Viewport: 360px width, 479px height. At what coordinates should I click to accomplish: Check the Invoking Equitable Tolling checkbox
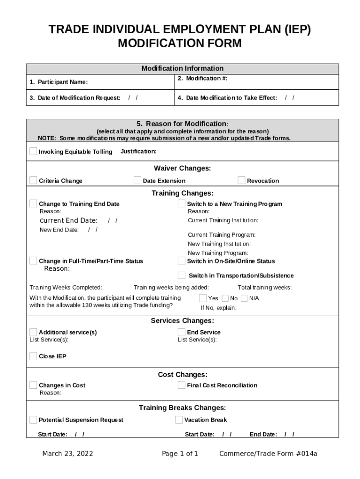click(33, 151)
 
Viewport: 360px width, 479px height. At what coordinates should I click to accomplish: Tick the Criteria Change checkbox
click(33, 181)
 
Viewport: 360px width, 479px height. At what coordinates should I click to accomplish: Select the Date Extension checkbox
click(137, 181)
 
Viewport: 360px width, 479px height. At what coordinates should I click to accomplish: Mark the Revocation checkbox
click(241, 181)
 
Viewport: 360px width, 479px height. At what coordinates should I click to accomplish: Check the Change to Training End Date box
click(33, 203)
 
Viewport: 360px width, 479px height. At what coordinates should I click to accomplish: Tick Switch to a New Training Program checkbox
click(181, 203)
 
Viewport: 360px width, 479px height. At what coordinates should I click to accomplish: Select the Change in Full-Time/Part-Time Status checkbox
click(33, 261)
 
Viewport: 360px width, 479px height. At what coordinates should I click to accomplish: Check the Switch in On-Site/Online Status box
click(181, 261)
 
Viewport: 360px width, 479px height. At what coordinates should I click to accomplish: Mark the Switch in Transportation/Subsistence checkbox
click(181, 275)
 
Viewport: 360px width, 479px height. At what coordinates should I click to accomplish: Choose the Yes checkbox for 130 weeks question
click(203, 298)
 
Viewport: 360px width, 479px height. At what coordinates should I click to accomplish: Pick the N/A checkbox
click(244, 298)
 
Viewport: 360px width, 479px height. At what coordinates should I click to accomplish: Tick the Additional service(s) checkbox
click(33, 332)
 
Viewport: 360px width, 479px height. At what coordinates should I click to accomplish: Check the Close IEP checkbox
click(33, 356)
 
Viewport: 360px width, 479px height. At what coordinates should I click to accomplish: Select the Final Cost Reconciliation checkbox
click(181, 385)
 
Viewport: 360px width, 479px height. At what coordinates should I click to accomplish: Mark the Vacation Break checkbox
click(179, 420)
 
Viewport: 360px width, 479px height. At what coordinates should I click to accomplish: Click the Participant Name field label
click(58, 82)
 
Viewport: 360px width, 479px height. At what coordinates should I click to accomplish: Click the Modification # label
click(202, 79)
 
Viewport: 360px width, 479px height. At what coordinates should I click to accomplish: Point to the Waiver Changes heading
click(182, 168)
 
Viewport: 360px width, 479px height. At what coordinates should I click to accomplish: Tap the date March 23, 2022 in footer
click(67, 454)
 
